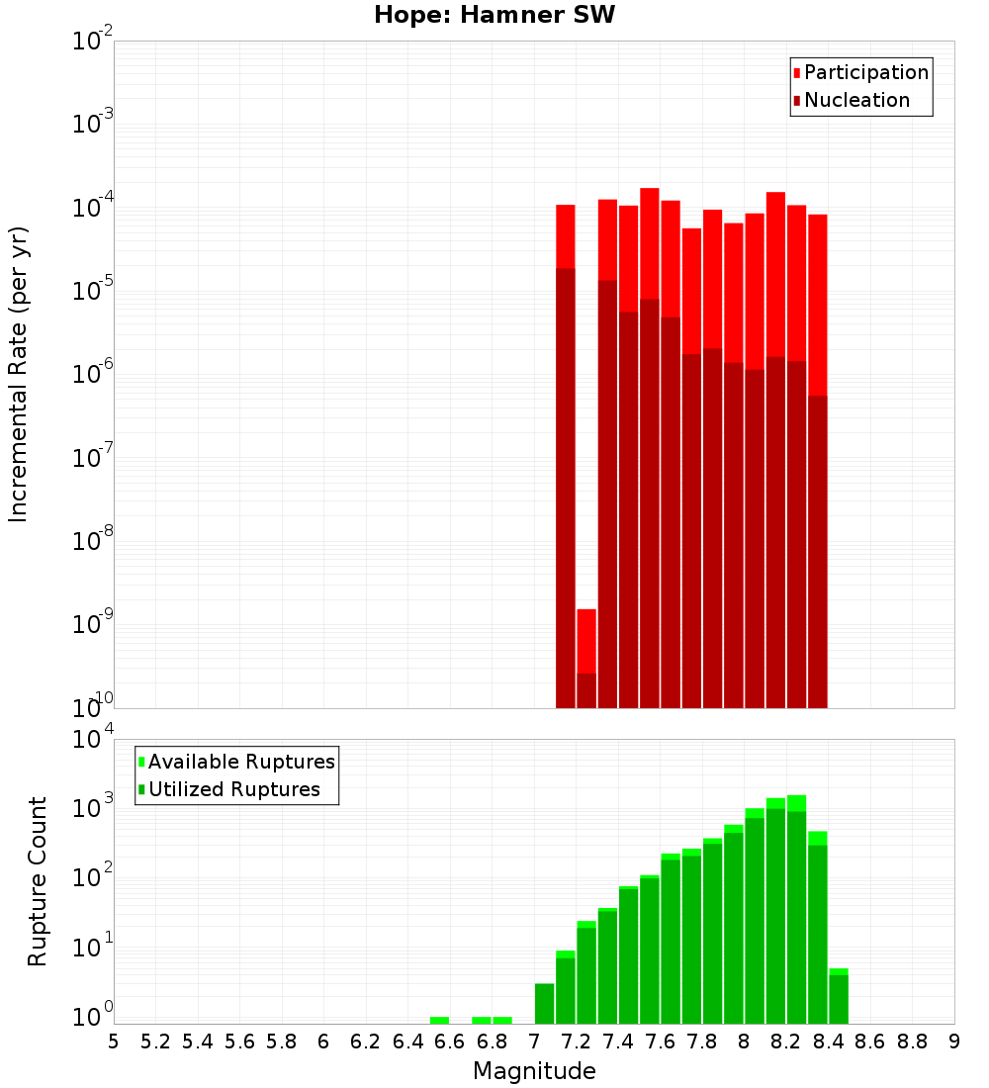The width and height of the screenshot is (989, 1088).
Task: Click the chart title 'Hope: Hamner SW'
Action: click(494, 16)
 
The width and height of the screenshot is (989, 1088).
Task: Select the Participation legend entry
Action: click(860, 73)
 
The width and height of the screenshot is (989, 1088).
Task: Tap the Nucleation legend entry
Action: click(851, 101)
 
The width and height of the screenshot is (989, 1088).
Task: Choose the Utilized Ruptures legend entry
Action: click(227, 790)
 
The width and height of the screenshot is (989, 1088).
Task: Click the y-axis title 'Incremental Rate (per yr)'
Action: click(19, 375)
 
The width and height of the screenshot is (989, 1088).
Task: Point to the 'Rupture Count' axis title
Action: click(38, 881)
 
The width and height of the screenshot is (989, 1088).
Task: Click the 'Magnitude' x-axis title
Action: click(534, 1071)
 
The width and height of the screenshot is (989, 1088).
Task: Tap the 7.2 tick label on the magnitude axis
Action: click(576, 1042)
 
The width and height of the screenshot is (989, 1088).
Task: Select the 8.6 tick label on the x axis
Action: click(870, 1042)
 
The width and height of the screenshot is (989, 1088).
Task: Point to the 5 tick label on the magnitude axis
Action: click(114, 1042)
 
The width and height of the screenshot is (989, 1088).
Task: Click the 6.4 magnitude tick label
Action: click(407, 1042)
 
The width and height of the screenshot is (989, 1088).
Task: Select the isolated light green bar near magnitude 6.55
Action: click(439, 1020)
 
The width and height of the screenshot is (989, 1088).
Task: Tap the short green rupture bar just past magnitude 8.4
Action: click(839, 997)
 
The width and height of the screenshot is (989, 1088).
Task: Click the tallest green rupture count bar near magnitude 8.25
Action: click(796, 910)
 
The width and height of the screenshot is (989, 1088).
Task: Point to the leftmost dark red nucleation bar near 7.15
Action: click(566, 485)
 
